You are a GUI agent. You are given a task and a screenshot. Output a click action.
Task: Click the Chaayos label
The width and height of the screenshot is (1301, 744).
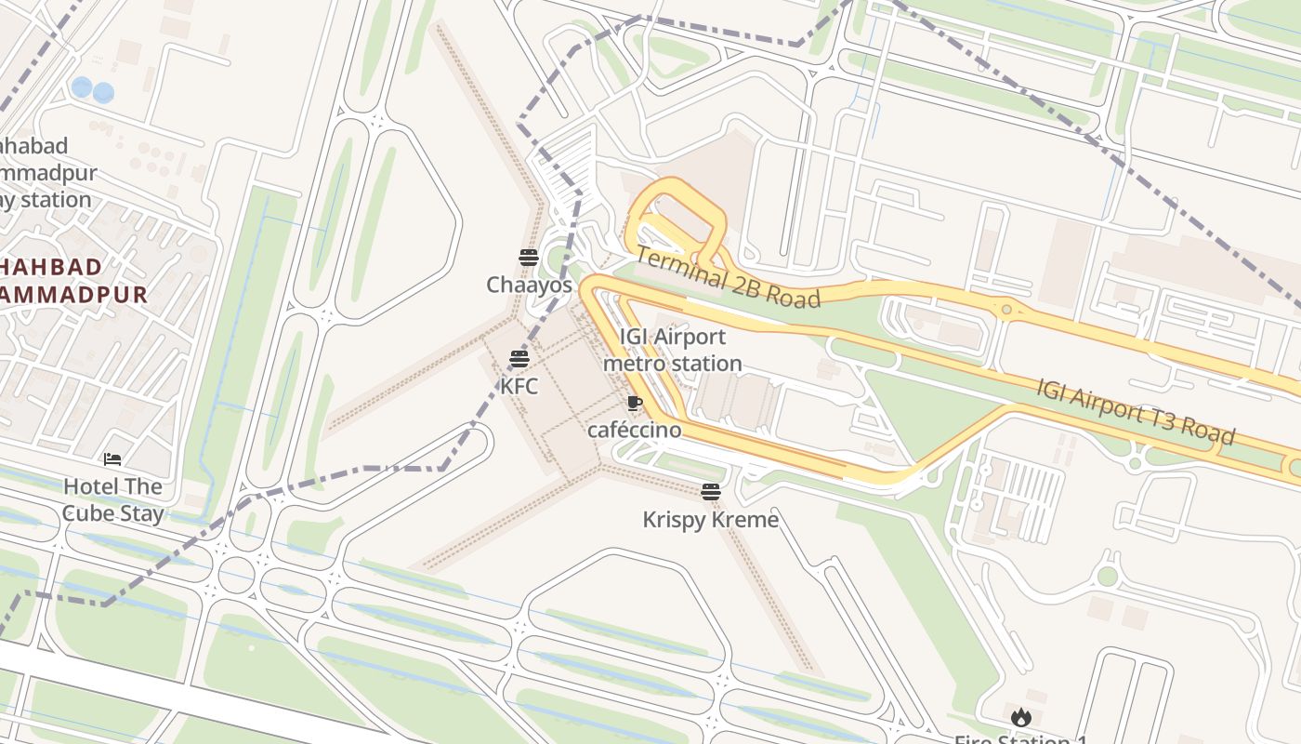point(529,285)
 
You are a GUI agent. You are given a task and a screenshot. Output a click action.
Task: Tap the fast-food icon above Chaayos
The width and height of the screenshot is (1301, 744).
point(529,257)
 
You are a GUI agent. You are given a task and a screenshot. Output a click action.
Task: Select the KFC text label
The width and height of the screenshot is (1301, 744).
point(519,386)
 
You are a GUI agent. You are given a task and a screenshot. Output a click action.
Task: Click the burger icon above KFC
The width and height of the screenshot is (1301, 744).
point(519,359)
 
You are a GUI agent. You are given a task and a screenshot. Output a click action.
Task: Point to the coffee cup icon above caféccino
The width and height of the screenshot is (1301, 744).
point(634,403)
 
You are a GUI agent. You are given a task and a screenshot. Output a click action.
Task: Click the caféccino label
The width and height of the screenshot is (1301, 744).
point(634,430)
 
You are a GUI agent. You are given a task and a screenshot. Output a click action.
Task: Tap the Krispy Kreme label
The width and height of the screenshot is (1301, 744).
point(711,519)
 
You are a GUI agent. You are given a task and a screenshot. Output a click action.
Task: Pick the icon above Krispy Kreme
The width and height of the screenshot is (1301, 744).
point(711,491)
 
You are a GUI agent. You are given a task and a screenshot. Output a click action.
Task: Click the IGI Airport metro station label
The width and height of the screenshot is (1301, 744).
point(673,350)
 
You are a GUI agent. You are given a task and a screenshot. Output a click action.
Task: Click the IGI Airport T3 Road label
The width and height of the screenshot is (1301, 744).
point(1136,410)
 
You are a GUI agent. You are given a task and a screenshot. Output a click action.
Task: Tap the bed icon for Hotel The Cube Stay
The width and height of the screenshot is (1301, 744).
point(112,459)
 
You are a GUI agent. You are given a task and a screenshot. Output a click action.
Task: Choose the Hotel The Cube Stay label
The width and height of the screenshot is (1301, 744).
point(112,499)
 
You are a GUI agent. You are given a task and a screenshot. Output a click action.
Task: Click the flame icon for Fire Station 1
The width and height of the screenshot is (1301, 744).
point(1021,717)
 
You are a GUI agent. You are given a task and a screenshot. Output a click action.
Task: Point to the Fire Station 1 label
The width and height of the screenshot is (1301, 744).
point(1021,739)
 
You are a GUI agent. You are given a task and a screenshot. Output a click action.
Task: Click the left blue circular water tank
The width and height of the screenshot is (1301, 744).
point(82,87)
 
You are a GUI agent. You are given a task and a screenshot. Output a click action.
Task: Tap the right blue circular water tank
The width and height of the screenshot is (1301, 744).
point(103,92)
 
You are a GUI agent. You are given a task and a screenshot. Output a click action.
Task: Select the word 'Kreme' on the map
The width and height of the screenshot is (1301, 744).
point(743,519)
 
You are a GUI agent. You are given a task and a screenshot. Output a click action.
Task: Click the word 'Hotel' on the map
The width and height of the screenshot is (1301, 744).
point(90,486)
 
